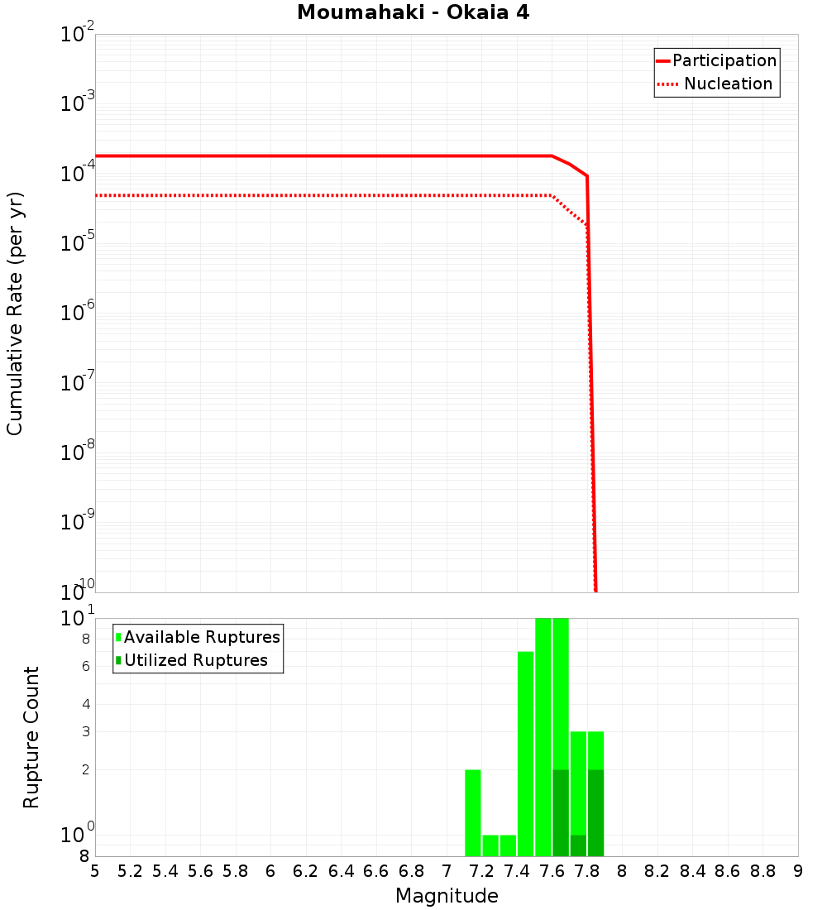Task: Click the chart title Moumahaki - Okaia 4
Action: click(413, 13)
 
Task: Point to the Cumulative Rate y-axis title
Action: click(15, 314)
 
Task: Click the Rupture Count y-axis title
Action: click(31, 737)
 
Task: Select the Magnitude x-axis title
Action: click(447, 896)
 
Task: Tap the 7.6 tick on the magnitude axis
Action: click(552, 871)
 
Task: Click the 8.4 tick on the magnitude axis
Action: click(692, 871)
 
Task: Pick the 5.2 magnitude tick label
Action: click(130, 871)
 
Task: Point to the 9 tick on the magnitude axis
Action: click(797, 871)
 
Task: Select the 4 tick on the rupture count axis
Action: click(85, 705)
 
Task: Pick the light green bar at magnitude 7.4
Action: click(525, 754)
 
